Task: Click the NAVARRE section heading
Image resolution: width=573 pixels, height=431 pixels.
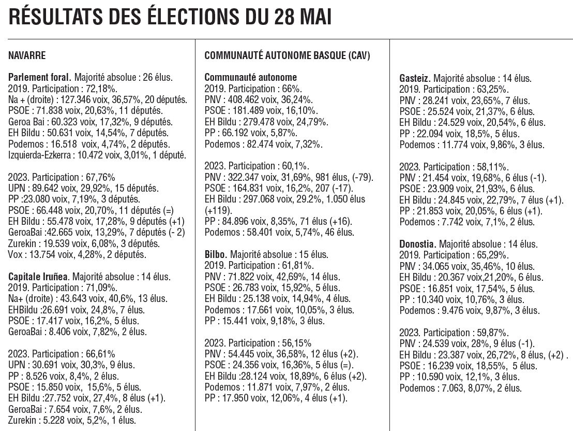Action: [x=27, y=55]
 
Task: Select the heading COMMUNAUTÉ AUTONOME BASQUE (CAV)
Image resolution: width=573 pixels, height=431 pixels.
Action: [x=287, y=55]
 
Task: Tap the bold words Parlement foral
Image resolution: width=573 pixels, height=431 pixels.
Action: [x=39, y=77]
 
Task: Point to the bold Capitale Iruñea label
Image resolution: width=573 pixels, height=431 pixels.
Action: [x=38, y=277]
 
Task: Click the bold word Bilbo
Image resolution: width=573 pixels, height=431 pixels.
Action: [x=216, y=254]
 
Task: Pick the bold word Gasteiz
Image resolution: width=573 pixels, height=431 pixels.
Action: [x=415, y=78]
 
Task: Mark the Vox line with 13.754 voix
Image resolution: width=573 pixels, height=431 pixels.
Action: [x=77, y=254]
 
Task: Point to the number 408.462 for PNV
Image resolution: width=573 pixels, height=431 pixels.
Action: [x=244, y=99]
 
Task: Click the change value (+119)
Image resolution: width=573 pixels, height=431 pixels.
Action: [x=218, y=210]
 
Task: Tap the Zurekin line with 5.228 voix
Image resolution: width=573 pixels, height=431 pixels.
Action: [x=72, y=421]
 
